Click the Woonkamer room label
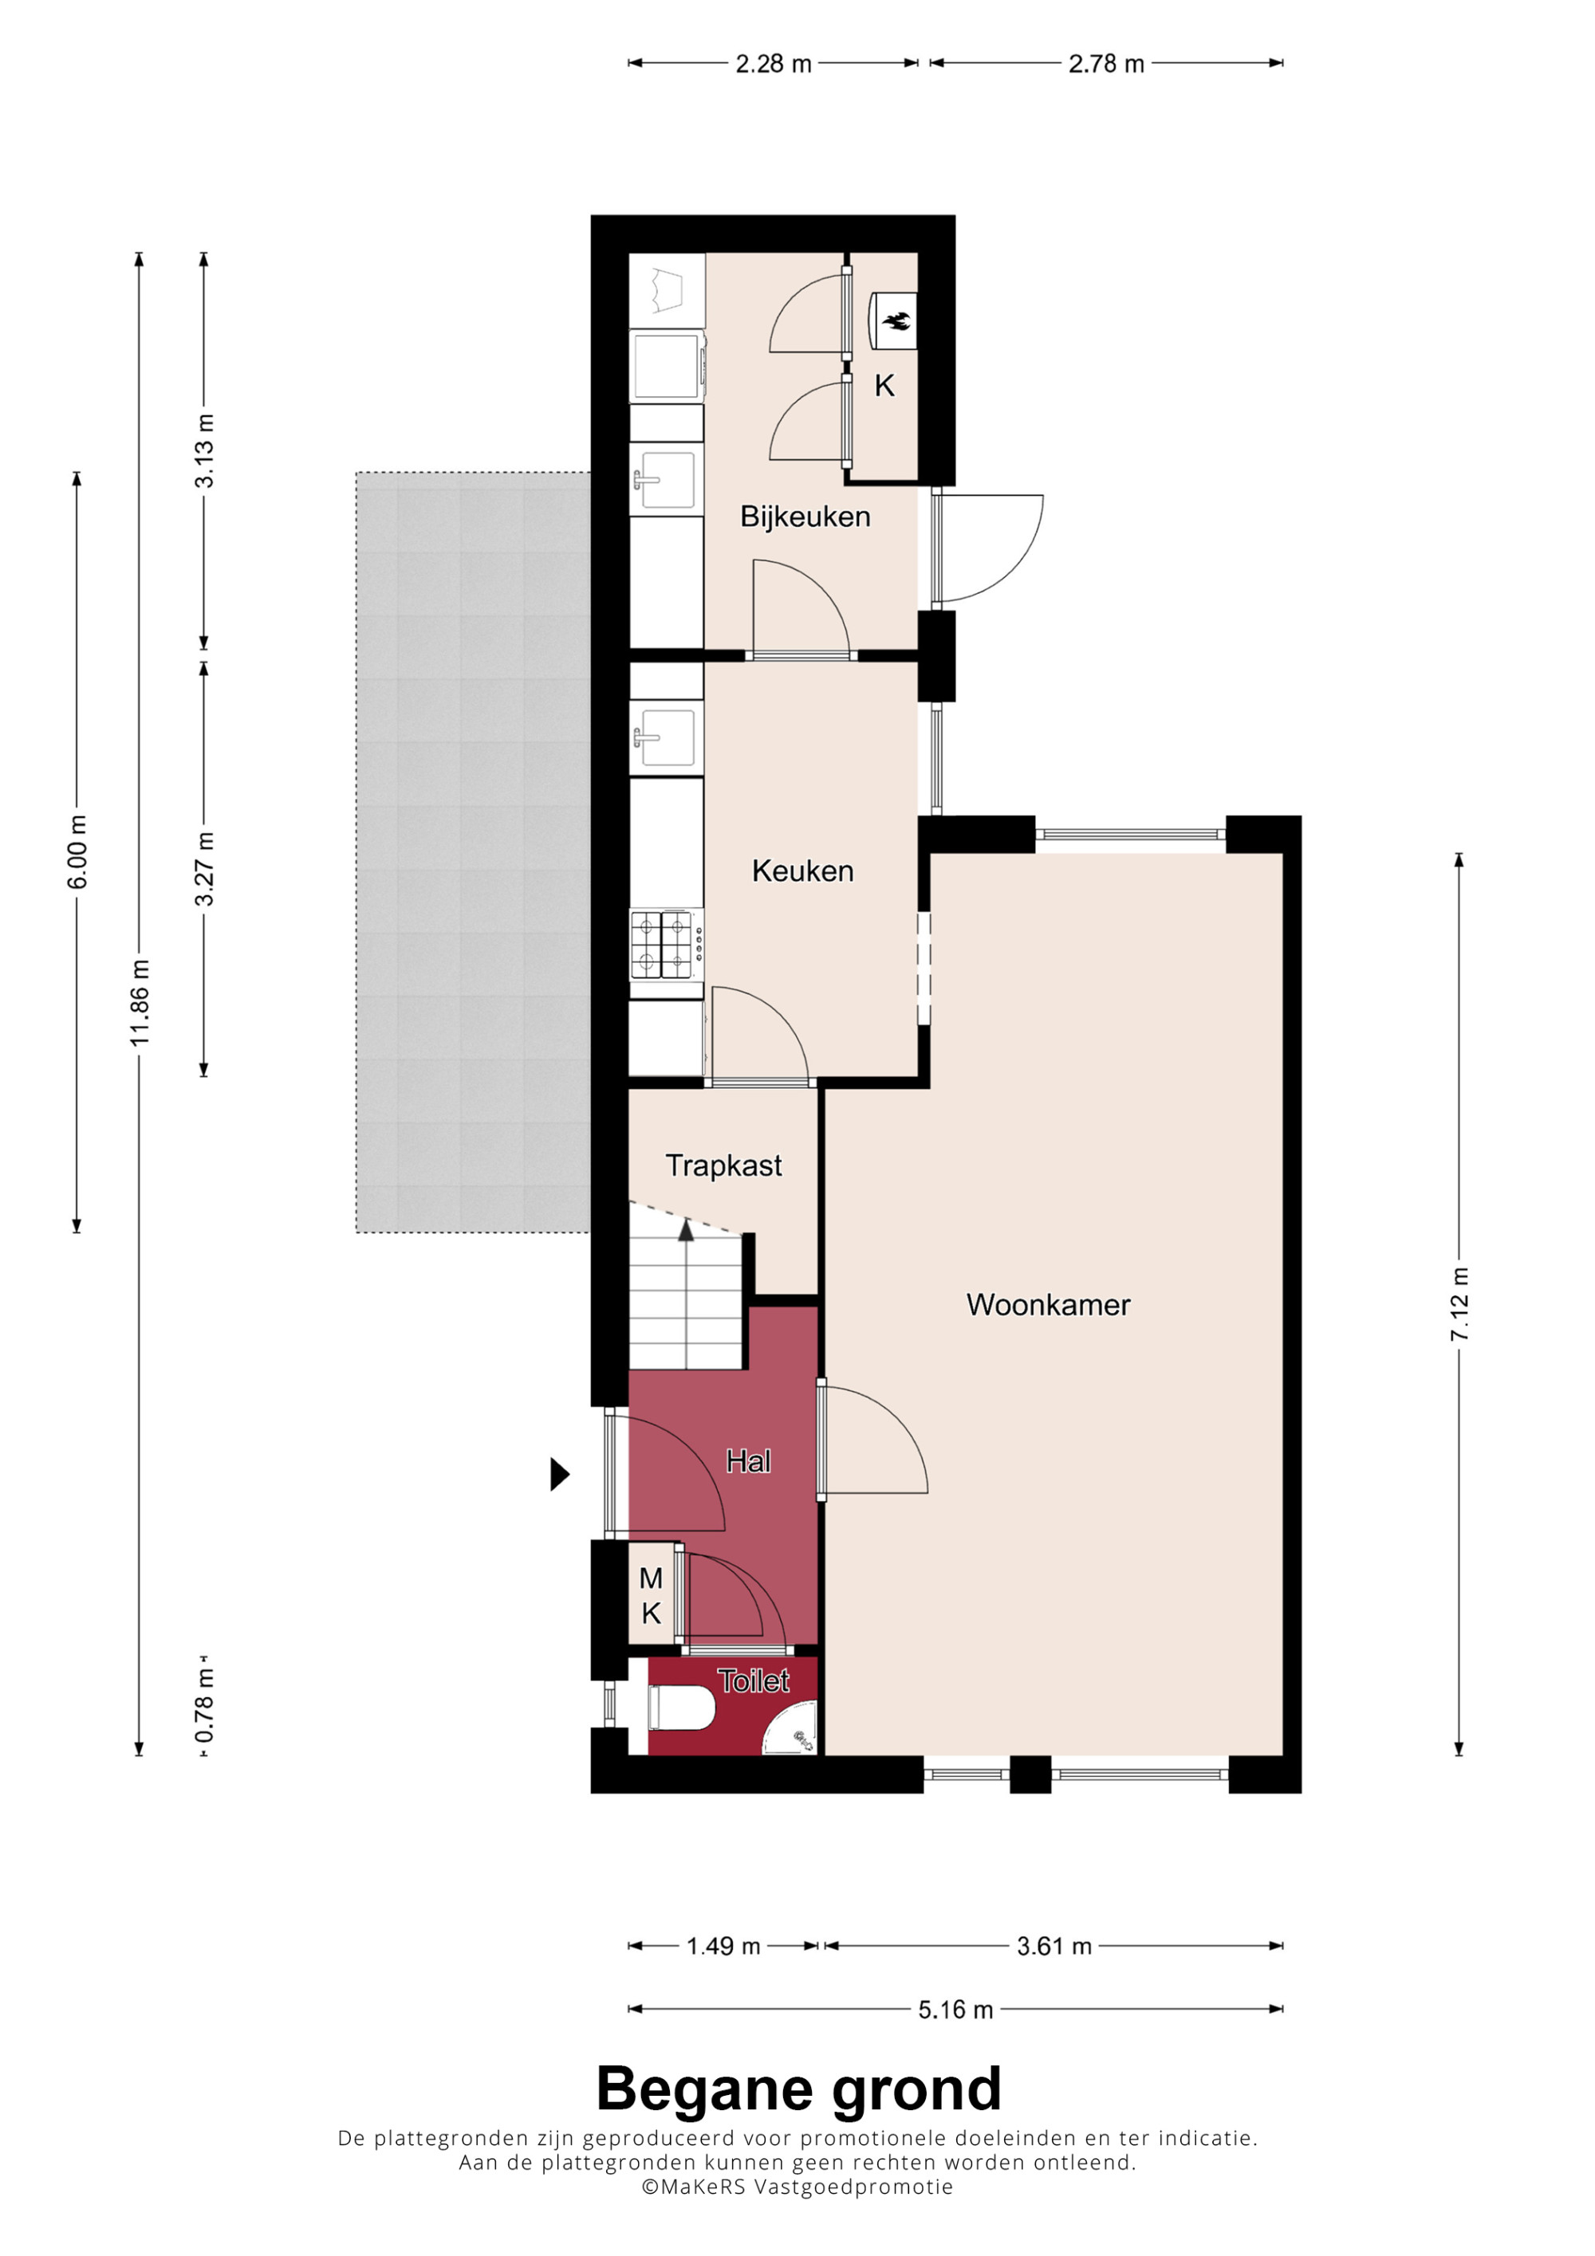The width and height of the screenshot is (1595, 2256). tap(1049, 1305)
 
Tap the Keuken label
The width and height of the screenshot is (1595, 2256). tap(803, 871)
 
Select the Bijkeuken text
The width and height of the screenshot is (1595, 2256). tap(805, 517)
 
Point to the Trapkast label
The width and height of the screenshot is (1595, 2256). tap(723, 1165)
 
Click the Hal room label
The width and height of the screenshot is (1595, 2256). tap(748, 1461)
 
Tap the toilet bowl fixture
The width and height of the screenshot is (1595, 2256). tap(680, 1708)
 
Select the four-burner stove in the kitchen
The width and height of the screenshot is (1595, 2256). tap(666, 945)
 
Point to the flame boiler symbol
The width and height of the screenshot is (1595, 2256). tap(896, 320)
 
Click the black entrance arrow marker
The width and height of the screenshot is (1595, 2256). tap(559, 1474)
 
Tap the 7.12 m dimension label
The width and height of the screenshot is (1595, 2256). tap(1459, 1304)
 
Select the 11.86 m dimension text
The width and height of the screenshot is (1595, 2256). tap(140, 1002)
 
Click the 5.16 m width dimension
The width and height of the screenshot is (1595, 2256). tap(955, 2010)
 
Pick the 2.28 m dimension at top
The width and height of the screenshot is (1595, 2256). tap(774, 64)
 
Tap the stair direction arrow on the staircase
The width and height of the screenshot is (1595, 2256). tap(686, 1230)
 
